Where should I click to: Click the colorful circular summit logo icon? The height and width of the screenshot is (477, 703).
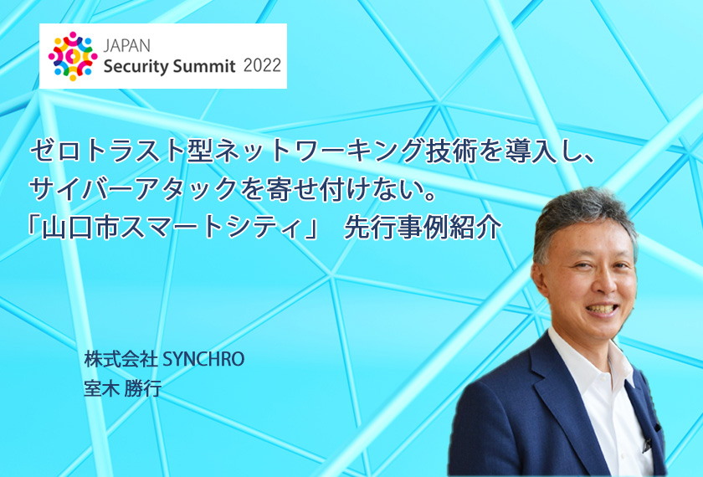(x=73, y=57)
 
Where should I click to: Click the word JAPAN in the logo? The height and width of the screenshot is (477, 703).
(x=127, y=45)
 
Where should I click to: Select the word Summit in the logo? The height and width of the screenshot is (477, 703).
(x=204, y=66)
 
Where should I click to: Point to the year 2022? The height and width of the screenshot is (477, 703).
(x=262, y=65)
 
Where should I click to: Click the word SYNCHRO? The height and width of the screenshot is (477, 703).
(x=203, y=359)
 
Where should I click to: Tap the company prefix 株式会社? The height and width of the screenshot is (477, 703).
(x=121, y=359)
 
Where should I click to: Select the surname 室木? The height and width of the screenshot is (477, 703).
(x=101, y=388)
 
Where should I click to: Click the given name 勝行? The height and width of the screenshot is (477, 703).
(x=143, y=388)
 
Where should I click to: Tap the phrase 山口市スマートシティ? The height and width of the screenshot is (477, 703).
(x=171, y=228)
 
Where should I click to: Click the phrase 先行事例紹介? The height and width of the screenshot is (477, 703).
(x=422, y=228)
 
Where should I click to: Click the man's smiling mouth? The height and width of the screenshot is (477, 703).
(x=602, y=310)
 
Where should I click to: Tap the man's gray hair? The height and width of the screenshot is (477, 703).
(x=582, y=215)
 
